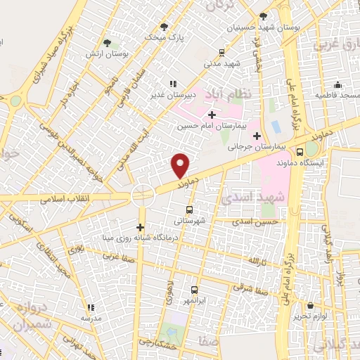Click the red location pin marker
pos(181,166)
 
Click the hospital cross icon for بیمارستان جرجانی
pos(257,136)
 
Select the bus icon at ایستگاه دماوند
pos(300,152)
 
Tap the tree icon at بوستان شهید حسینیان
pos(263,15)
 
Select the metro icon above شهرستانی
pos(188,210)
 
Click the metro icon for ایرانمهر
pos(194,289)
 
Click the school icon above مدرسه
pos(91,307)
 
